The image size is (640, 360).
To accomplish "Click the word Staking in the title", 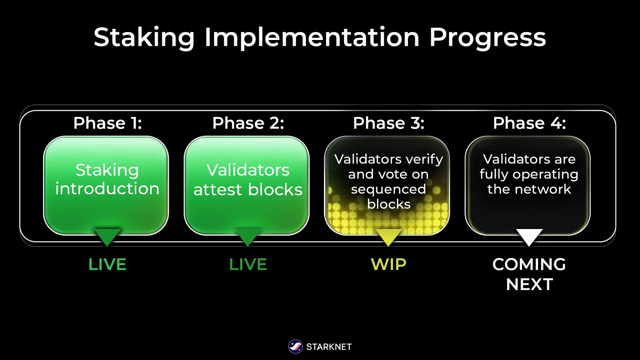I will (144, 38).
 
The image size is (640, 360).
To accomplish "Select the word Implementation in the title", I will (312, 38).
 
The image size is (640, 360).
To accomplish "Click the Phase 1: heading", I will (107, 124).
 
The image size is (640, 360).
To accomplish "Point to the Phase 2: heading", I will (248, 124).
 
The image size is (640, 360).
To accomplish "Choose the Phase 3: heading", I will (389, 124).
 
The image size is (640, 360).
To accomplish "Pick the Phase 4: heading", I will (529, 124).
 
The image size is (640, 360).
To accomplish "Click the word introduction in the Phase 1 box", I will (107, 189).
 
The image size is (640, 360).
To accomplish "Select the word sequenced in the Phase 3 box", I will (389, 189).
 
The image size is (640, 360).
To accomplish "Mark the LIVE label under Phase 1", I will (107, 265).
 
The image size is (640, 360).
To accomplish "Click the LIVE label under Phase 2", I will (248, 265).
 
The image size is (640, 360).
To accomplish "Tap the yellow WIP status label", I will (389, 265).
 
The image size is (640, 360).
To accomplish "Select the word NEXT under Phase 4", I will (529, 284).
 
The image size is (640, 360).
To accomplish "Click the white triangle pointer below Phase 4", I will (529, 236).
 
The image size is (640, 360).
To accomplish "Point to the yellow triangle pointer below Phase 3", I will (389, 236).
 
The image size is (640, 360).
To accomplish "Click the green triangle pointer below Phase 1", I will (107, 236).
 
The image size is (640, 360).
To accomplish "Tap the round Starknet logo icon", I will (295, 347).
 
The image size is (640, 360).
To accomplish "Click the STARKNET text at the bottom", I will (329, 347).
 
